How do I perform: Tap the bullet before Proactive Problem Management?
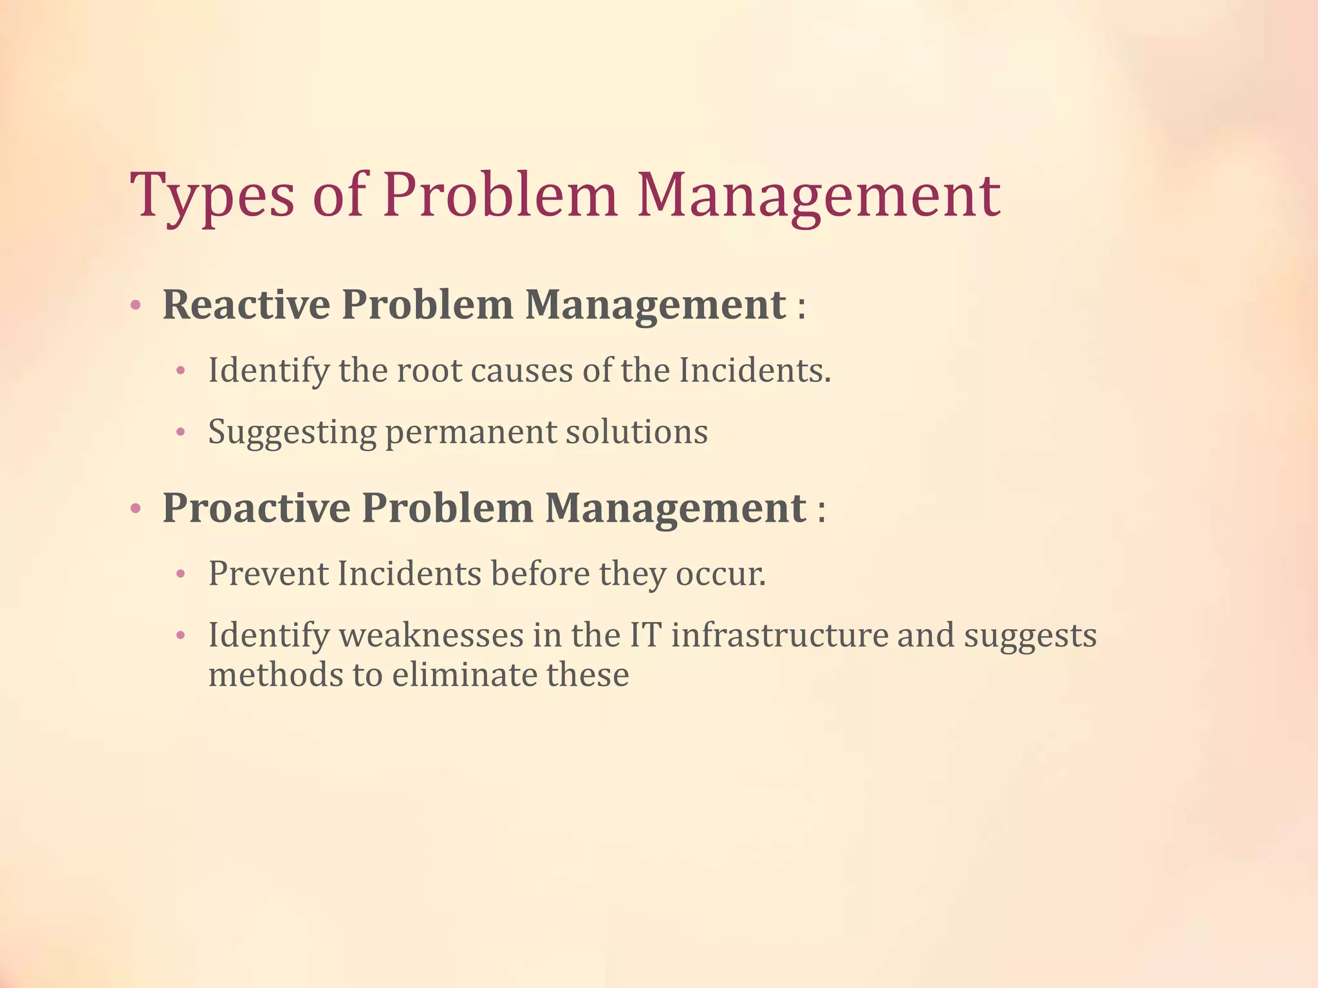[x=135, y=509]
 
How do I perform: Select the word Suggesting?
[x=292, y=433]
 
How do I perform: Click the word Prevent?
[x=268, y=573]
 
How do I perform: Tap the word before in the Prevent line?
[x=540, y=573]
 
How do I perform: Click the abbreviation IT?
[x=645, y=636]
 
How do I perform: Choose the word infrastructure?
[x=779, y=636]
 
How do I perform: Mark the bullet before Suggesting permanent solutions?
[x=181, y=433]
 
